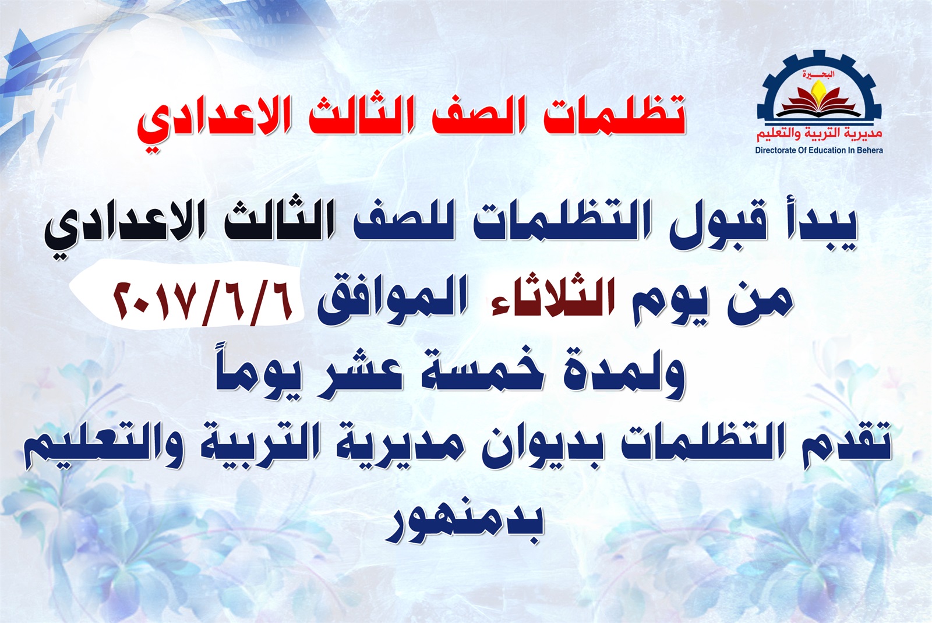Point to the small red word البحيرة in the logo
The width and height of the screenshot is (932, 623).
tap(818, 75)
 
